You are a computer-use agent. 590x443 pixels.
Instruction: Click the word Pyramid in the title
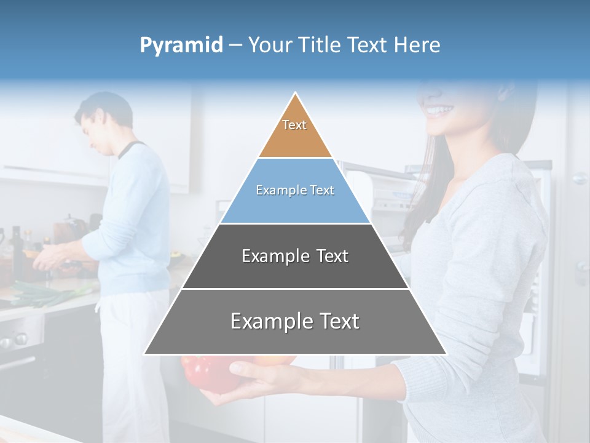point(181,46)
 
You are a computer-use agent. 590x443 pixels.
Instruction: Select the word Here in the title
point(417,46)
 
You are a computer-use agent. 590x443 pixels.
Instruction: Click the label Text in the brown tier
point(294,125)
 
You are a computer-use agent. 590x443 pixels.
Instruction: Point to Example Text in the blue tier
point(295,190)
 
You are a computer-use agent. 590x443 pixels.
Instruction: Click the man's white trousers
point(132,357)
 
